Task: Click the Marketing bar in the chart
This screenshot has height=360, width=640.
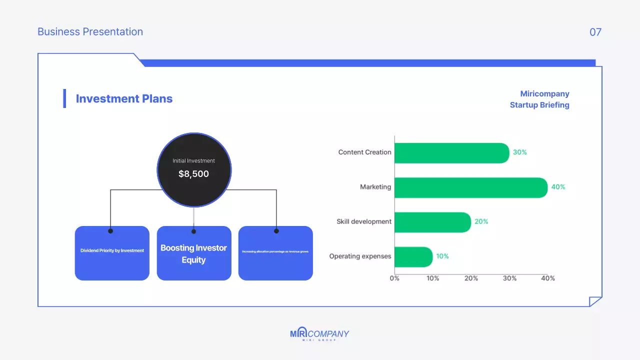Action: (470, 187)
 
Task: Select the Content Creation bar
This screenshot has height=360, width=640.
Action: (451, 153)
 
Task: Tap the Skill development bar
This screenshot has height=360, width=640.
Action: (432, 222)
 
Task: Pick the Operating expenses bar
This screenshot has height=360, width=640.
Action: (413, 256)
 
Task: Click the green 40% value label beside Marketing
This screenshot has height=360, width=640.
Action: (558, 187)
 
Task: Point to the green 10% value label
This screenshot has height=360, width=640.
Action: (442, 256)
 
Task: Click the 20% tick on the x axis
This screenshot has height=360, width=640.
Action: (471, 278)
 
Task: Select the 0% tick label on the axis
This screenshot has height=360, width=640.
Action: (394, 278)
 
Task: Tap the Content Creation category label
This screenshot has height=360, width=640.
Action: (364, 152)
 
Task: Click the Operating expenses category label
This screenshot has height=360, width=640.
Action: (360, 256)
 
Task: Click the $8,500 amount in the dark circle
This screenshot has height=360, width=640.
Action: (193, 174)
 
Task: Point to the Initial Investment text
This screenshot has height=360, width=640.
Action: (193, 161)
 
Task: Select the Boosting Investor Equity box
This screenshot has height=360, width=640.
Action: (194, 253)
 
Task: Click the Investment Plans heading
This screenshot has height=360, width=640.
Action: (124, 99)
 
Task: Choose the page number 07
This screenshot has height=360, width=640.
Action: (595, 32)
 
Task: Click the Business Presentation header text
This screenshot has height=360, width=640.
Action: (90, 32)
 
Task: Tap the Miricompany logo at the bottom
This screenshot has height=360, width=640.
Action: (319, 334)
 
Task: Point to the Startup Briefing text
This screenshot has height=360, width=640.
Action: (539, 105)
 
